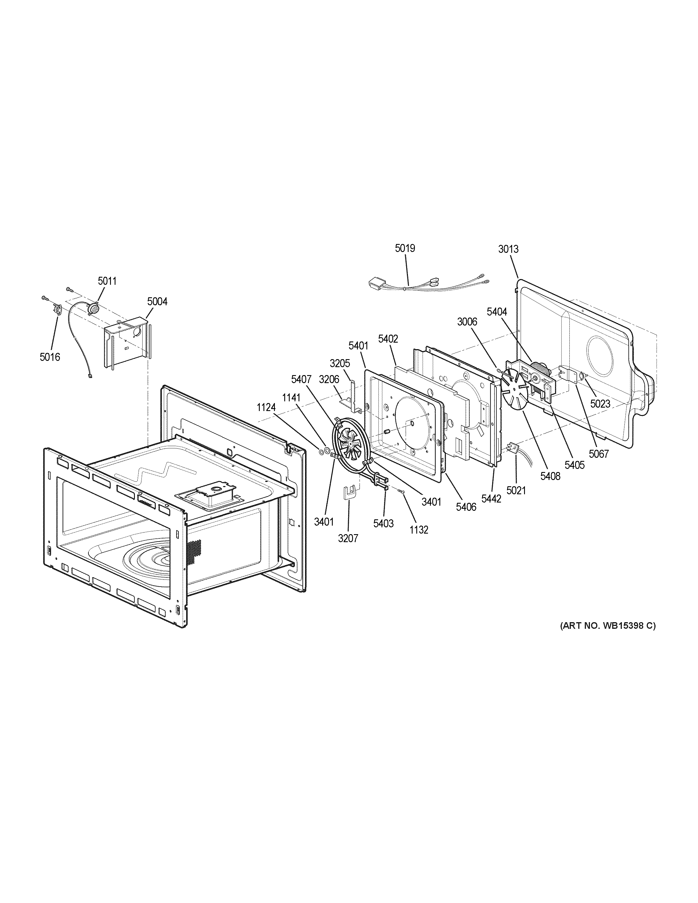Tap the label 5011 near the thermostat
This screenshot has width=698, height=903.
tap(107, 281)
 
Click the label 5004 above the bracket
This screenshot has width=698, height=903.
tap(157, 302)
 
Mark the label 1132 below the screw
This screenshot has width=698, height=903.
tap(419, 530)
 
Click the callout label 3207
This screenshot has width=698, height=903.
tap(348, 538)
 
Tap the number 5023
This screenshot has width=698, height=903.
tap(600, 404)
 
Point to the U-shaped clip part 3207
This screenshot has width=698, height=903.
tap(350, 493)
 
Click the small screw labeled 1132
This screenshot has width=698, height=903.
tap(401, 491)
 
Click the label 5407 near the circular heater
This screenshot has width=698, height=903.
tap(301, 379)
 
